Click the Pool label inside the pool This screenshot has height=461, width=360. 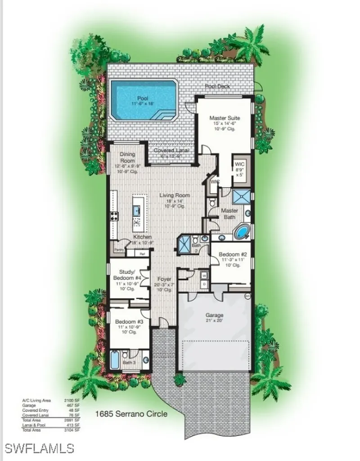tap(143, 98)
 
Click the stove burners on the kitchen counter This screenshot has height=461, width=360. tap(114, 216)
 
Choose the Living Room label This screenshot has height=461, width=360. tap(174, 195)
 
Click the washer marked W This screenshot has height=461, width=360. tap(204, 274)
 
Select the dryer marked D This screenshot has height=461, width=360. tap(204, 284)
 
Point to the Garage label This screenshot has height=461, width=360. tap(214, 315)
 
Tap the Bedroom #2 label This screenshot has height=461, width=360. tap(231, 254)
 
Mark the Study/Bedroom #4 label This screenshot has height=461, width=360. tap(127, 275)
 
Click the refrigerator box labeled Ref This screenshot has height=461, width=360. tap(142, 254)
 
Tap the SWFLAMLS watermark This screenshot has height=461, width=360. tap(39, 448)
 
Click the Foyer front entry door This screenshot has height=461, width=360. tap(163, 323)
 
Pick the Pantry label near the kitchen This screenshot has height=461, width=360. tap(118, 249)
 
